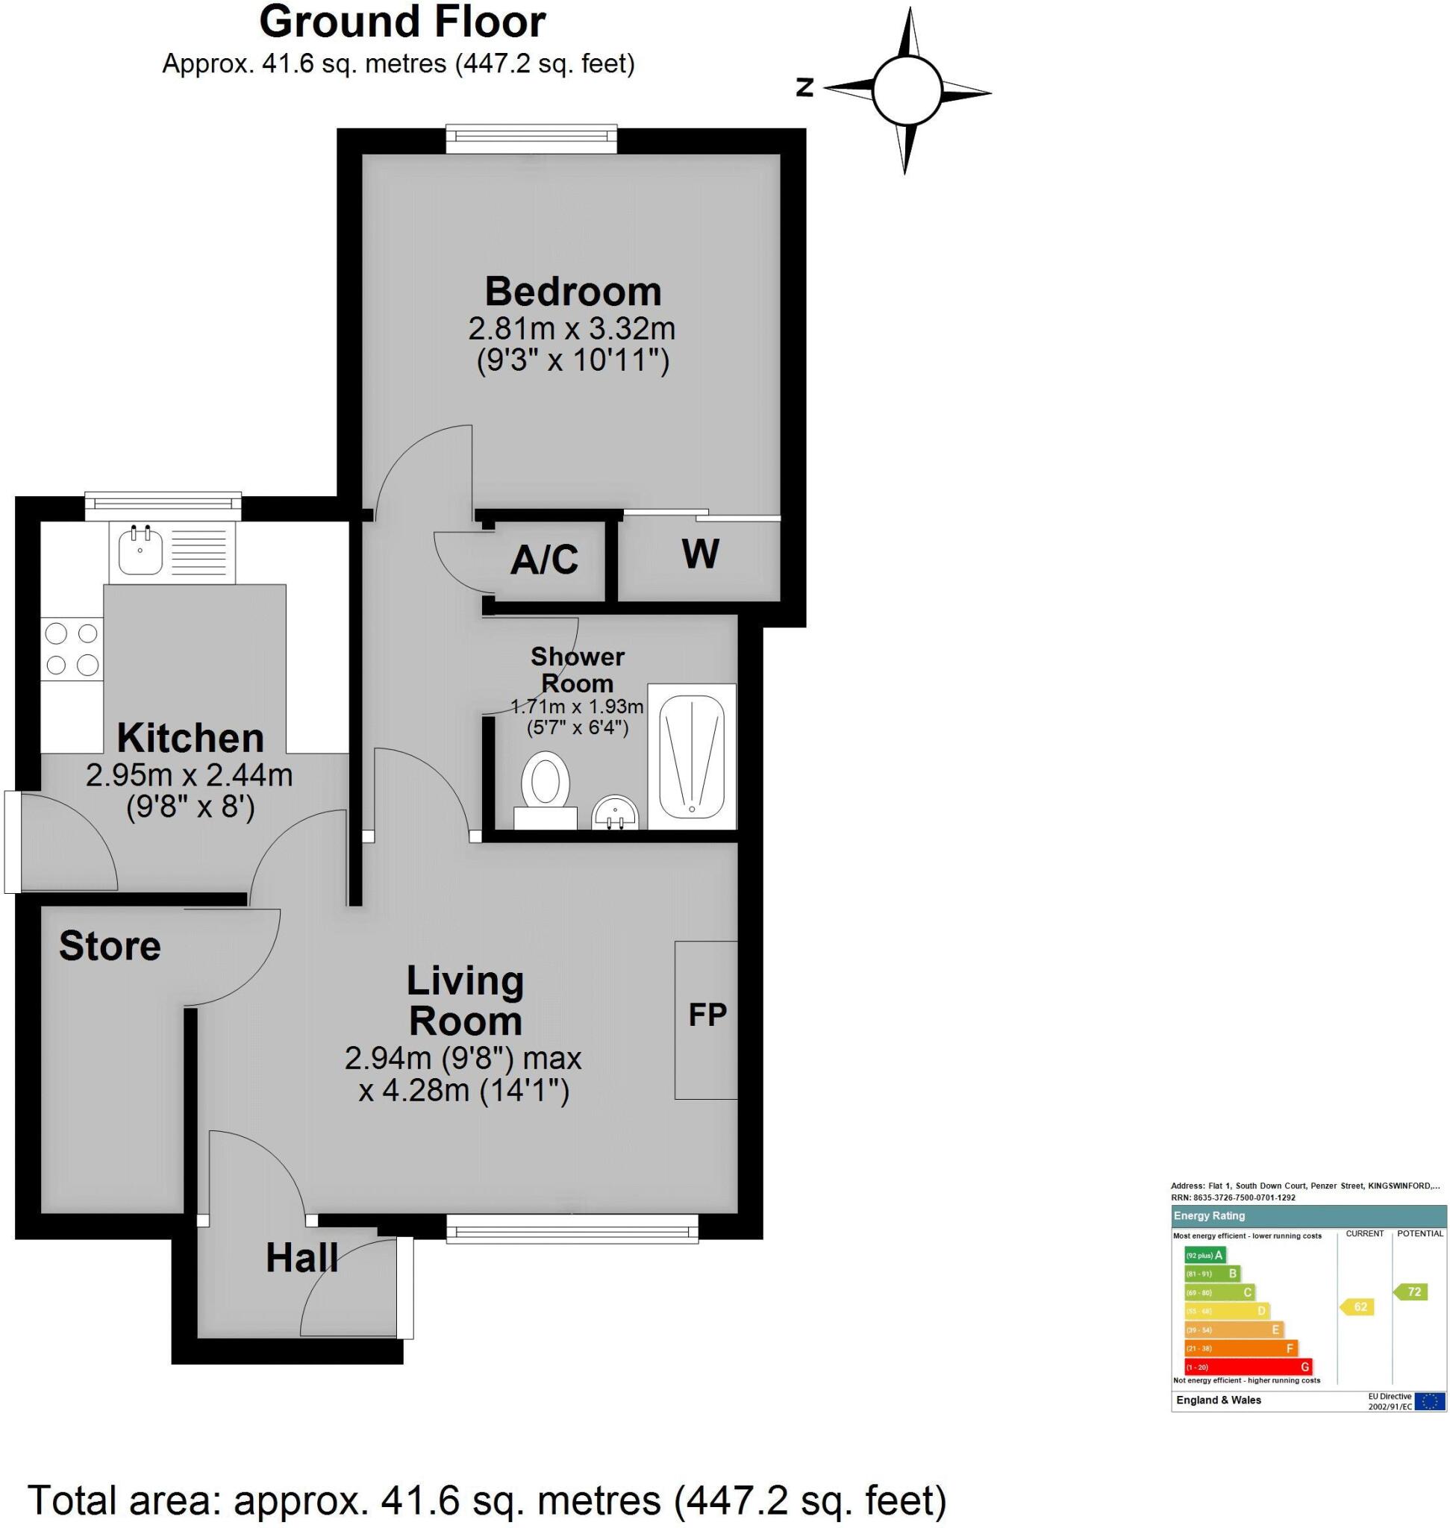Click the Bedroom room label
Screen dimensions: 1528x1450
[x=572, y=292]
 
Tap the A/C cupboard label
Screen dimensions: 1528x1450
[x=544, y=560]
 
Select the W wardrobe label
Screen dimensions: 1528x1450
[x=700, y=554]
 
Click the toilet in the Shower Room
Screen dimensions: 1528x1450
[x=546, y=780]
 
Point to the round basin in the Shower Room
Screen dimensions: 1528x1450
[x=615, y=812]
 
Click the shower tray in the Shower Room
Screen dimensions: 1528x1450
[x=692, y=756]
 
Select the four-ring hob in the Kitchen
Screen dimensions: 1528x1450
[x=72, y=649]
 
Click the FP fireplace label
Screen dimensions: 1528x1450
[x=707, y=1015]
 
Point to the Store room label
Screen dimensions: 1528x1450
[x=110, y=946]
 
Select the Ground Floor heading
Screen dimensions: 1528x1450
[x=402, y=22]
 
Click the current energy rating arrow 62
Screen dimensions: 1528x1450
[x=1359, y=1307]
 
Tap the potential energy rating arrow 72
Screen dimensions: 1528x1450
[x=1412, y=1291]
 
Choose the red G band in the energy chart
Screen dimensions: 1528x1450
[x=1248, y=1366]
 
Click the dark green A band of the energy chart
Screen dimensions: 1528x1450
[x=1204, y=1255]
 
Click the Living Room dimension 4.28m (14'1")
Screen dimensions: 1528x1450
[x=463, y=1092]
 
